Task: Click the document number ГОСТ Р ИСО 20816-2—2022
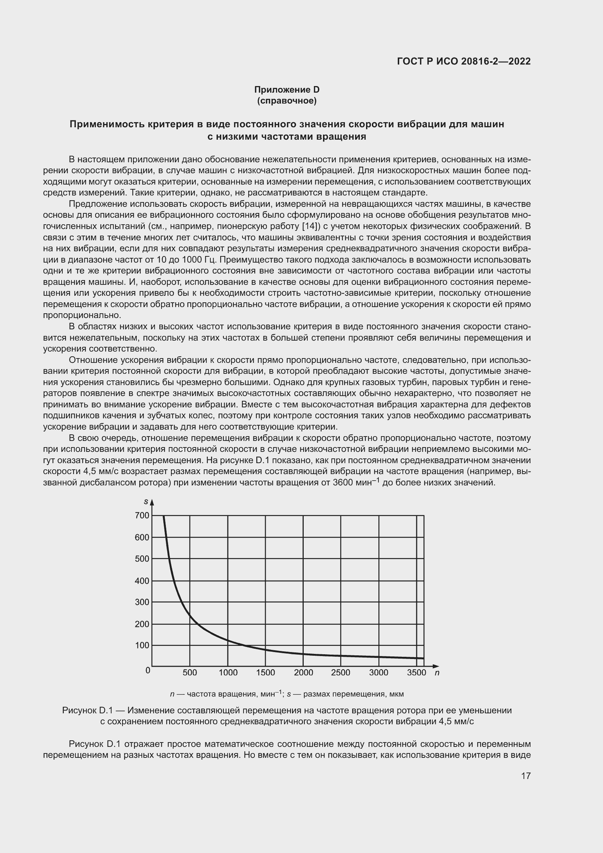(x=464, y=61)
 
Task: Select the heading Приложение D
(x=287, y=90)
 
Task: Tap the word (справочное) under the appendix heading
(x=287, y=101)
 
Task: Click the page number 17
(x=526, y=776)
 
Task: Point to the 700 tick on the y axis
(x=142, y=515)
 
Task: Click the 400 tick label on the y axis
(x=142, y=581)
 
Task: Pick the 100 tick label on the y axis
(x=142, y=645)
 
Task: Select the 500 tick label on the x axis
(x=190, y=672)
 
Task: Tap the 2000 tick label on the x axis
(x=303, y=672)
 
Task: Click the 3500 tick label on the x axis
(x=417, y=672)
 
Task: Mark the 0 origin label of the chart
(x=148, y=670)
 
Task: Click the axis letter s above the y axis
(x=146, y=502)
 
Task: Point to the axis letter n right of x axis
(x=437, y=672)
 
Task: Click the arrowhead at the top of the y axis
(x=152, y=502)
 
